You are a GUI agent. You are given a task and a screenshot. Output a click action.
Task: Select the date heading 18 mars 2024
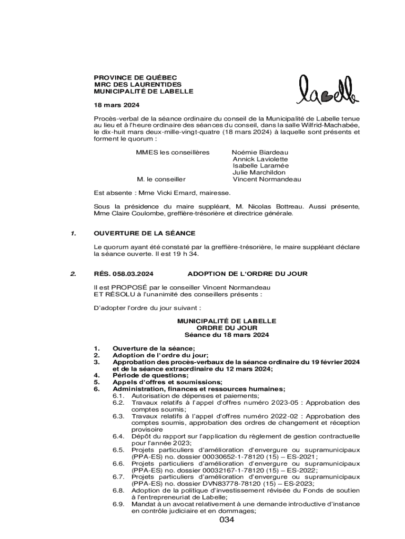pyautogui.click(x=113, y=105)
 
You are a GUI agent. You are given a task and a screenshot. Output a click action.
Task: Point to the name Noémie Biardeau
pyautogui.click(x=260, y=152)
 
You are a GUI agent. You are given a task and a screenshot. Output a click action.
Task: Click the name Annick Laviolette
pyautogui.click(x=260, y=159)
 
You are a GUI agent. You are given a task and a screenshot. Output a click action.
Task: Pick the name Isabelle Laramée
pyautogui.click(x=260, y=166)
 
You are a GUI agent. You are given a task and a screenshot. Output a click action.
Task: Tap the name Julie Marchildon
pyautogui.click(x=259, y=173)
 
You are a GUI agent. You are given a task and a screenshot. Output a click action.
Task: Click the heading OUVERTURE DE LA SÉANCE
pyautogui.click(x=144, y=233)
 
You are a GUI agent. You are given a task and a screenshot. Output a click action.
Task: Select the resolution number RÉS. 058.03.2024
pyautogui.click(x=124, y=274)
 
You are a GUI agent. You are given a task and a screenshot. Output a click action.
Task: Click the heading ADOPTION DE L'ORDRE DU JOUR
pyautogui.click(x=247, y=274)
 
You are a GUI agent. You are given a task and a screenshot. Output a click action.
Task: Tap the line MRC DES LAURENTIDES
pyautogui.click(x=137, y=84)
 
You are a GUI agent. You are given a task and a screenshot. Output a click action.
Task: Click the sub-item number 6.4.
pyautogui.click(x=118, y=436)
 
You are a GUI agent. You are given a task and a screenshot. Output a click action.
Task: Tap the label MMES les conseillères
pyautogui.click(x=173, y=152)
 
